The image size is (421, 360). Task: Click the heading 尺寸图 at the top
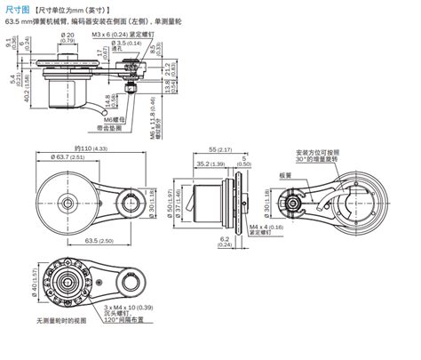[19, 8]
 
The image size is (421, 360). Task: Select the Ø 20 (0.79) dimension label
[69, 37]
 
